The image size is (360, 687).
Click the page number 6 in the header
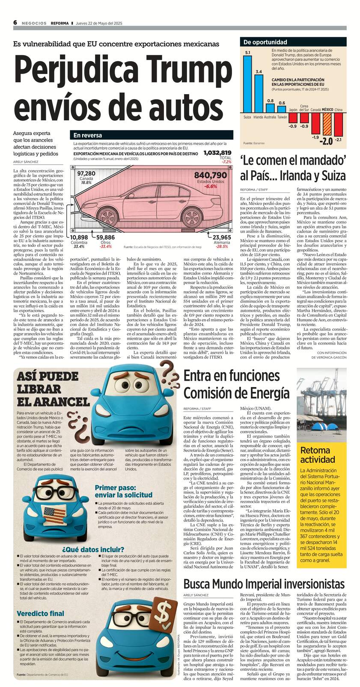[15, 23]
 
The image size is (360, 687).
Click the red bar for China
[338, 124]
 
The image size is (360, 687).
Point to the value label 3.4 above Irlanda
[259, 71]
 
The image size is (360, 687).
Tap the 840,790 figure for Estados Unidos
[210, 175]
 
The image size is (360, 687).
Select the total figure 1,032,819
[217, 153]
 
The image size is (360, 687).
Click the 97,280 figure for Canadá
[86, 173]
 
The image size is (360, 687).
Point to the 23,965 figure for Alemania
[222, 237]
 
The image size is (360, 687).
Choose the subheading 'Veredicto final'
[41, 614]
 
